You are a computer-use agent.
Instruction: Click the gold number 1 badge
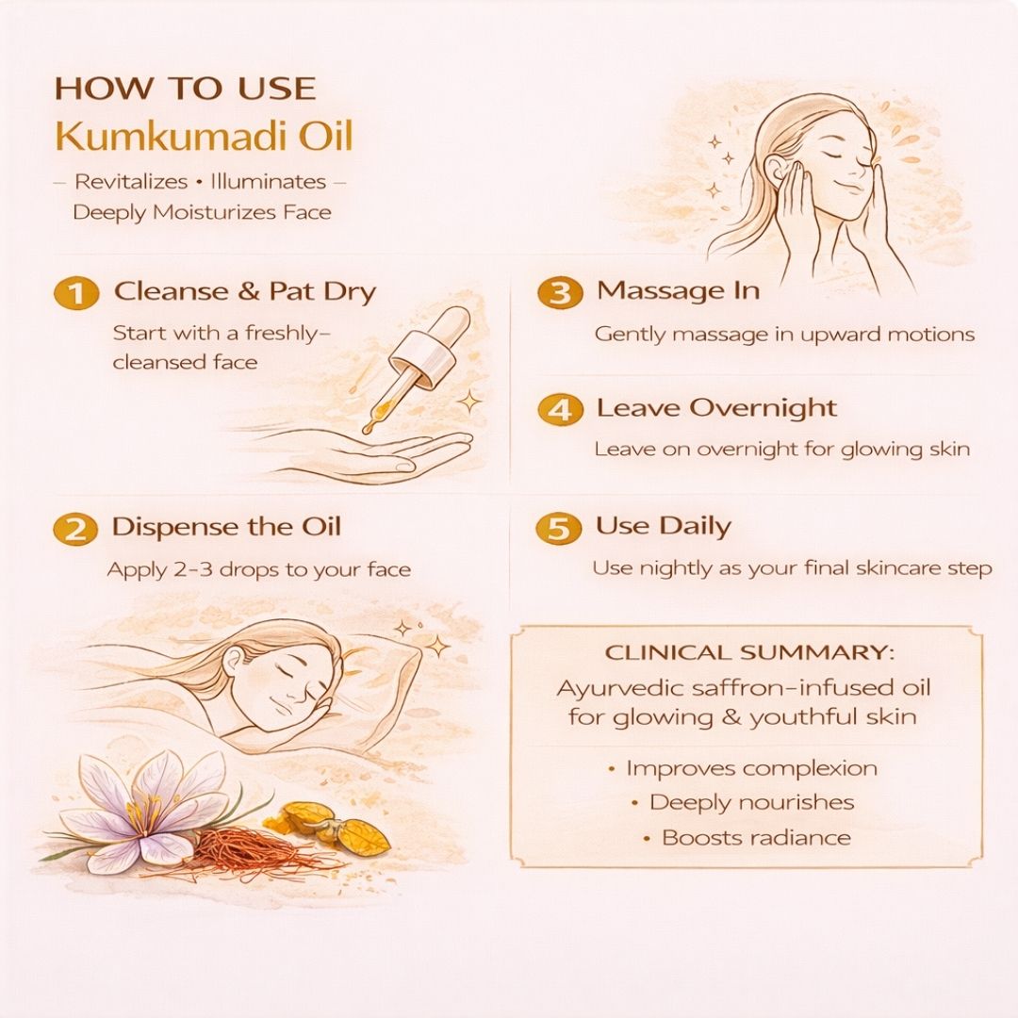(76, 293)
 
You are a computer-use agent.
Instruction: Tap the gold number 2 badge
(75, 529)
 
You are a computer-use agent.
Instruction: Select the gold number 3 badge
(559, 292)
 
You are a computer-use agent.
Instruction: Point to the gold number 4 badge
(560, 410)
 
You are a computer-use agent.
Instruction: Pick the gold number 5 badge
(558, 528)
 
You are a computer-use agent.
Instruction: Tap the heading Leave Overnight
(716, 408)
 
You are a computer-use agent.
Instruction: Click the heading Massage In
(679, 290)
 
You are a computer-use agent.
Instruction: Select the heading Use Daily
(664, 527)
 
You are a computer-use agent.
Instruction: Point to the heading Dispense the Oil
(226, 527)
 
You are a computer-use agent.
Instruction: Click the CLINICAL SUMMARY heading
(748, 652)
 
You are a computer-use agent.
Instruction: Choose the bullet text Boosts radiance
(756, 838)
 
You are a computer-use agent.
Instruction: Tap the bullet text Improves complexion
(751, 768)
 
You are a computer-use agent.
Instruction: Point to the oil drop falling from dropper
(369, 427)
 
